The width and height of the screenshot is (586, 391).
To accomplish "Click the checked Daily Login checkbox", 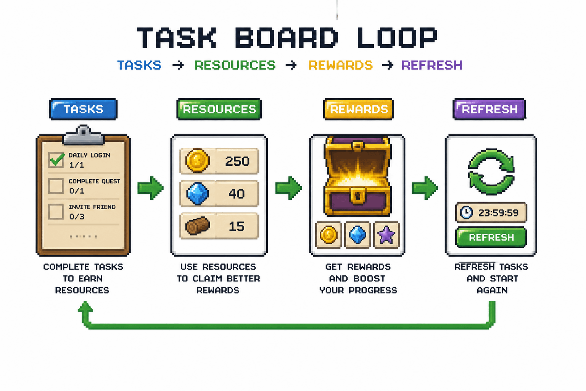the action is pyautogui.click(x=56, y=160).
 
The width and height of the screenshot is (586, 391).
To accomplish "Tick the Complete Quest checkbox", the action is pyautogui.click(x=56, y=186).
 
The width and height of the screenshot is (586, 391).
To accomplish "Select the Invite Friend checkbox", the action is pyautogui.click(x=56, y=212).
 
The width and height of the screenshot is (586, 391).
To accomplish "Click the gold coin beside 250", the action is pyautogui.click(x=197, y=161).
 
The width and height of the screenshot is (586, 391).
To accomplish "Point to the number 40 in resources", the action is pyautogui.click(x=237, y=194).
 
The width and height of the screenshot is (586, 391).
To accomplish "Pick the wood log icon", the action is pyautogui.click(x=198, y=226).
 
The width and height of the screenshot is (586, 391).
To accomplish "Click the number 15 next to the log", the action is pyautogui.click(x=237, y=226).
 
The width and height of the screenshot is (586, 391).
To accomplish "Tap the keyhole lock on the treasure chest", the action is pyautogui.click(x=357, y=195).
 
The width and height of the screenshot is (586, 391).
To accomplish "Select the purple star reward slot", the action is pyautogui.click(x=386, y=234).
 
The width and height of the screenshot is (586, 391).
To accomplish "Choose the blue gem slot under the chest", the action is pyautogui.click(x=357, y=234).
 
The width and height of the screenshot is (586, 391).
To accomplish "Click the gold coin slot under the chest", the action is pyautogui.click(x=328, y=234).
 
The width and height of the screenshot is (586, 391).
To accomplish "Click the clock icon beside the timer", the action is pyautogui.click(x=466, y=213).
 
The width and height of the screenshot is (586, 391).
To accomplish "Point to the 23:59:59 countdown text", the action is pyautogui.click(x=498, y=213).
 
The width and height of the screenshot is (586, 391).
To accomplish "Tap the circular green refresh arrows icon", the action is pyautogui.click(x=491, y=171).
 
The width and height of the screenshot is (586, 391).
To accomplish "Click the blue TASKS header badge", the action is pyautogui.click(x=83, y=109).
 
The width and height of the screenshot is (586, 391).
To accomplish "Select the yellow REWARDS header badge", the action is pyautogui.click(x=358, y=109).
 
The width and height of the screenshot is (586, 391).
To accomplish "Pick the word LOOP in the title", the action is pyautogui.click(x=397, y=38).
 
